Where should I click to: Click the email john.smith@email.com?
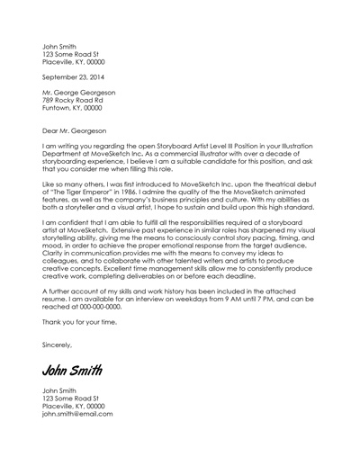[77, 414]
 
